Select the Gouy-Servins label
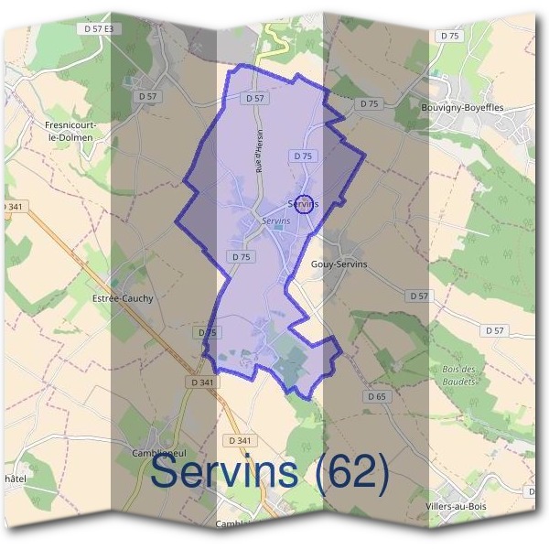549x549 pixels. [339, 264]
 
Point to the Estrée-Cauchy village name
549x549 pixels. [123, 297]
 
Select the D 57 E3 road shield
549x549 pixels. [99, 29]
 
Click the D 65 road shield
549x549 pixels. [377, 397]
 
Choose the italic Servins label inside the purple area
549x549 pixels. [275, 221]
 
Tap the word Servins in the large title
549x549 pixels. [224, 472]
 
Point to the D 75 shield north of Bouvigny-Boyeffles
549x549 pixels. [449, 36]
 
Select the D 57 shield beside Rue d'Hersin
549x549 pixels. [256, 98]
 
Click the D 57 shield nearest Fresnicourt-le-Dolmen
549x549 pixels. [146, 96]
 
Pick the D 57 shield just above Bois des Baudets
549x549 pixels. [495, 330]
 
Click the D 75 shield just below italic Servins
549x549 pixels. [241, 257]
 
